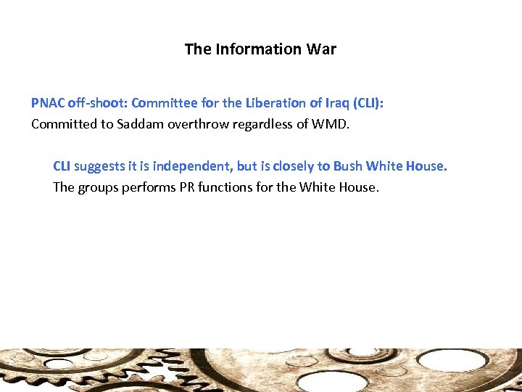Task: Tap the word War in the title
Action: coord(323,49)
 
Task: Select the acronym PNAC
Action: coord(47,103)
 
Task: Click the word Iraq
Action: coord(334,103)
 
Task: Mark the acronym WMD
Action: coord(330,124)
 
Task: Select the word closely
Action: coord(293,166)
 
